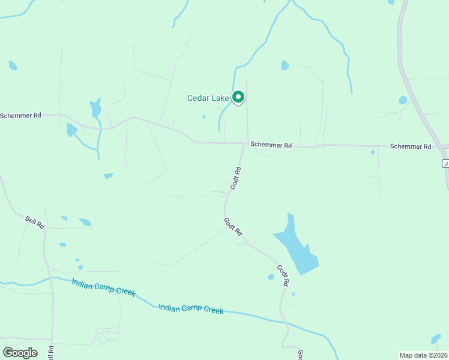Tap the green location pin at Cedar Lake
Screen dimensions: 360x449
click(238, 97)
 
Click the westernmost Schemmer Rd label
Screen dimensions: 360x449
click(20, 115)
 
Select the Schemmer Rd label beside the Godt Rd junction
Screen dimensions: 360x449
click(271, 145)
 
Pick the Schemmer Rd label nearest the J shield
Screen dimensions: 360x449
click(410, 146)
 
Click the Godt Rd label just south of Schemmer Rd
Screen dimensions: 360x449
click(237, 179)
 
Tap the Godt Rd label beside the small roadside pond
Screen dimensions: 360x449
click(283, 274)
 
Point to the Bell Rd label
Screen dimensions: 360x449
click(35, 221)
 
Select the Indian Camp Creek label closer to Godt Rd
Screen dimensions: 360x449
click(191, 310)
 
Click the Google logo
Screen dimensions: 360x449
click(20, 353)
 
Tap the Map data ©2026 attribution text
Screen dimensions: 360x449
click(423, 355)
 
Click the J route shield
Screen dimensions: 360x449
click(445, 163)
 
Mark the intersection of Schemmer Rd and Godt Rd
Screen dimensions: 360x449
click(244, 143)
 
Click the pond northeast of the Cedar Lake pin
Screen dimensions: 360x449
click(285, 65)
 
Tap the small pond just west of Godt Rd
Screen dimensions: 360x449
click(271, 277)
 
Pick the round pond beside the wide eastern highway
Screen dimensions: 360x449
click(403, 100)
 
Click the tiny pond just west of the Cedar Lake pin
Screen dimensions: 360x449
click(203, 116)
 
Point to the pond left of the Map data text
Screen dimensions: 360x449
click(436, 339)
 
